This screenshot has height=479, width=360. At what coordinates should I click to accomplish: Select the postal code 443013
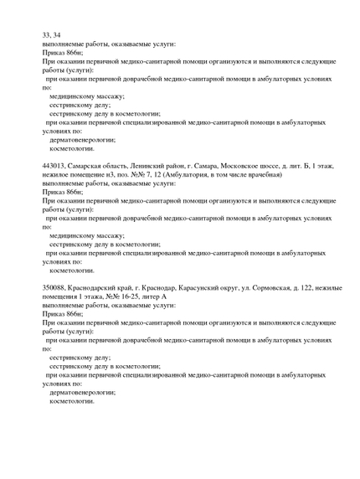tap(54, 166)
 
